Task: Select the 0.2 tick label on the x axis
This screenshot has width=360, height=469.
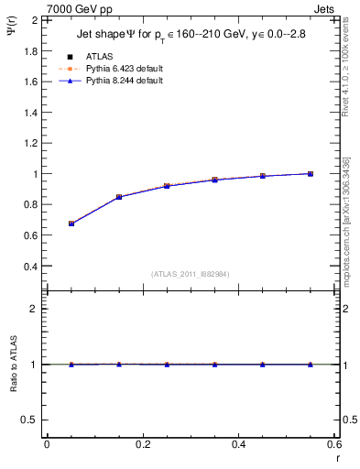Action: [x=142, y=445]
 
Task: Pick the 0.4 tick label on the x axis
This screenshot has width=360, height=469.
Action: [x=238, y=445]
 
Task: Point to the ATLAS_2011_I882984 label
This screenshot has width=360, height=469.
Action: [x=190, y=273]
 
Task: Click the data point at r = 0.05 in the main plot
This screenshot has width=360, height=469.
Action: [x=71, y=224]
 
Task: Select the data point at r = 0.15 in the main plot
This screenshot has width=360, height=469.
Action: [x=119, y=197]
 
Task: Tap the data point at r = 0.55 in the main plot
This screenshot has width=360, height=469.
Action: [x=311, y=173]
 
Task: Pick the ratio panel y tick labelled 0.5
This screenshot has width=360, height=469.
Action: [x=30, y=420]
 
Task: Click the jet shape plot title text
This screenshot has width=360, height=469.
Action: [x=191, y=36]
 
